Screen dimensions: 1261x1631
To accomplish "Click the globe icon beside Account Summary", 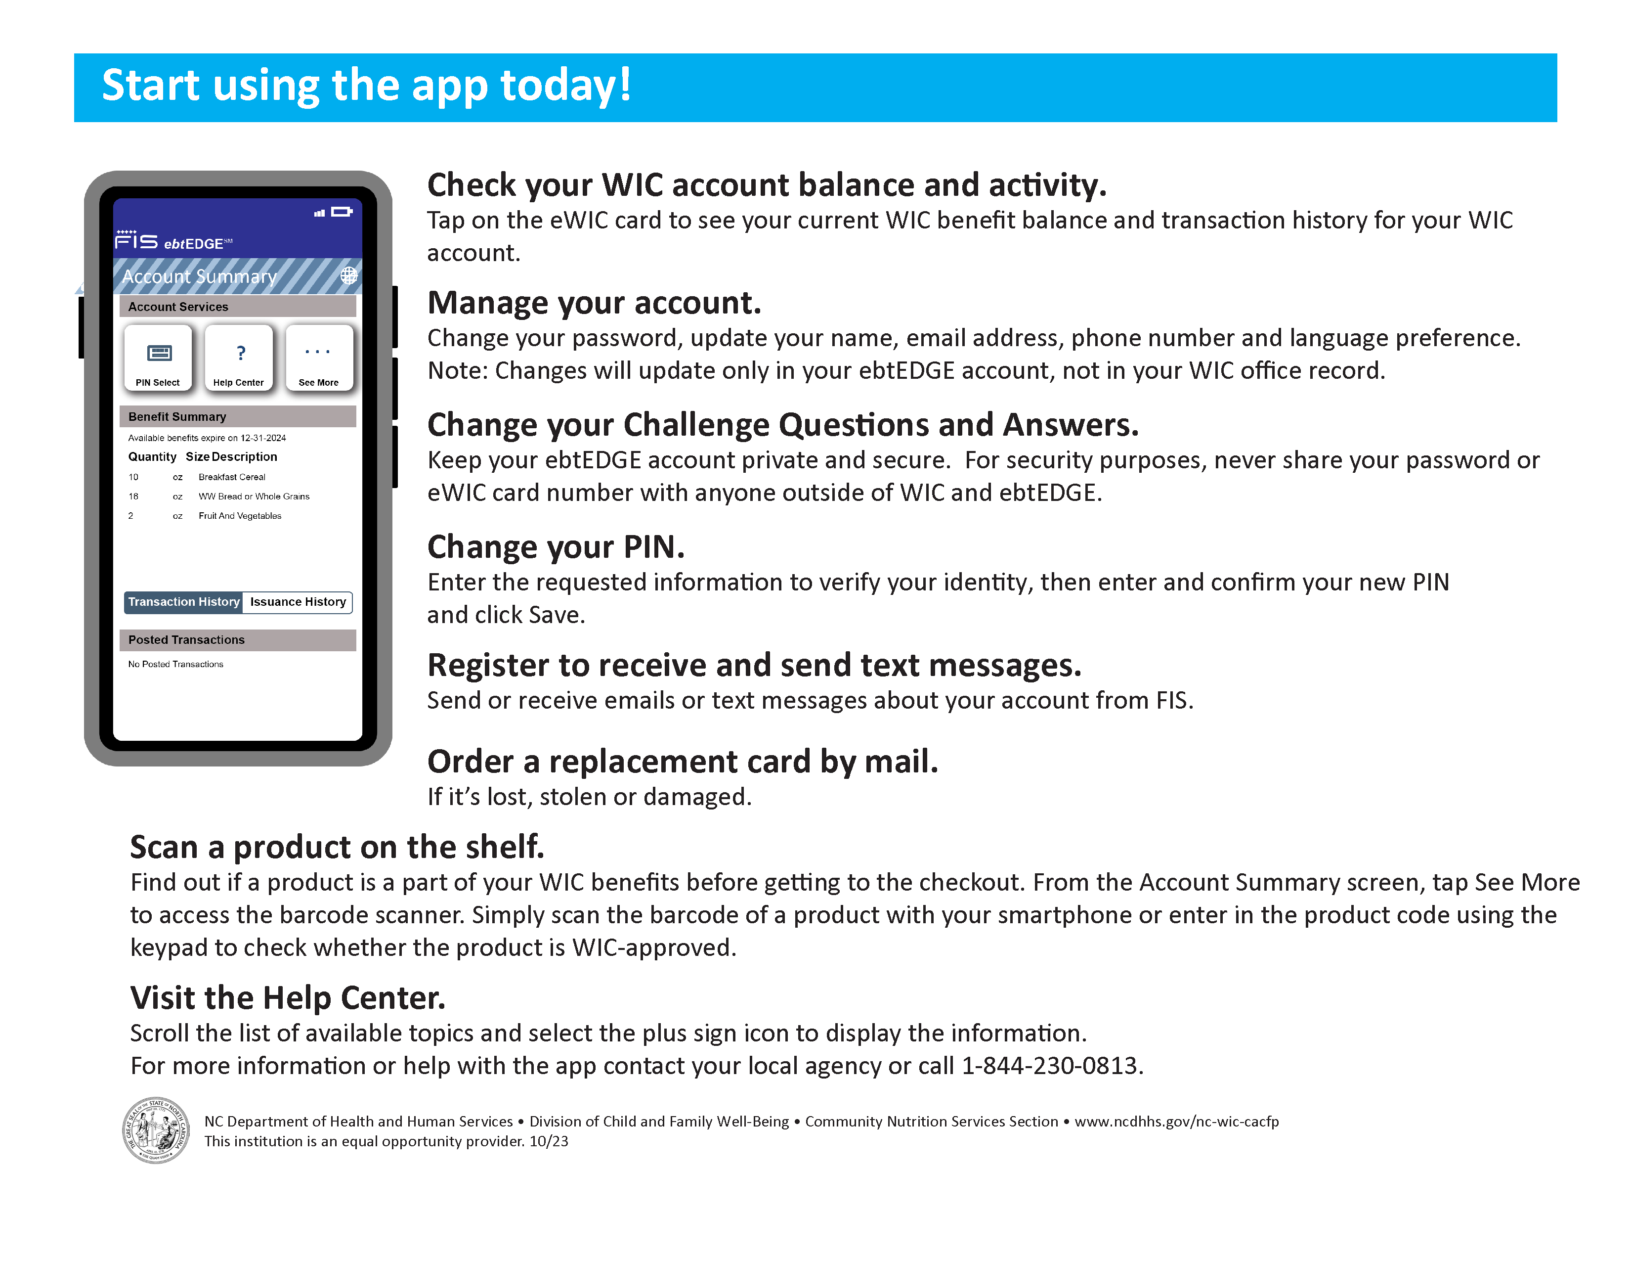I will [x=349, y=275].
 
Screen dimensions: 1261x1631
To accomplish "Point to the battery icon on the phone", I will [x=342, y=212].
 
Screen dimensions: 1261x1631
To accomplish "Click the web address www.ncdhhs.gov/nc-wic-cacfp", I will [x=1176, y=1122].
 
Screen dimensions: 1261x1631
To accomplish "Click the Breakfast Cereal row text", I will [x=231, y=477].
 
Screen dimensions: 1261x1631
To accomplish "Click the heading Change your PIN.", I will [x=556, y=547].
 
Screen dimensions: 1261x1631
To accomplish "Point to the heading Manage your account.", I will [x=594, y=303].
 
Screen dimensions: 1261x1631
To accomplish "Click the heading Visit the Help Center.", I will [x=288, y=998].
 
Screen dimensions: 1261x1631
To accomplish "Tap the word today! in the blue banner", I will [x=565, y=85].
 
